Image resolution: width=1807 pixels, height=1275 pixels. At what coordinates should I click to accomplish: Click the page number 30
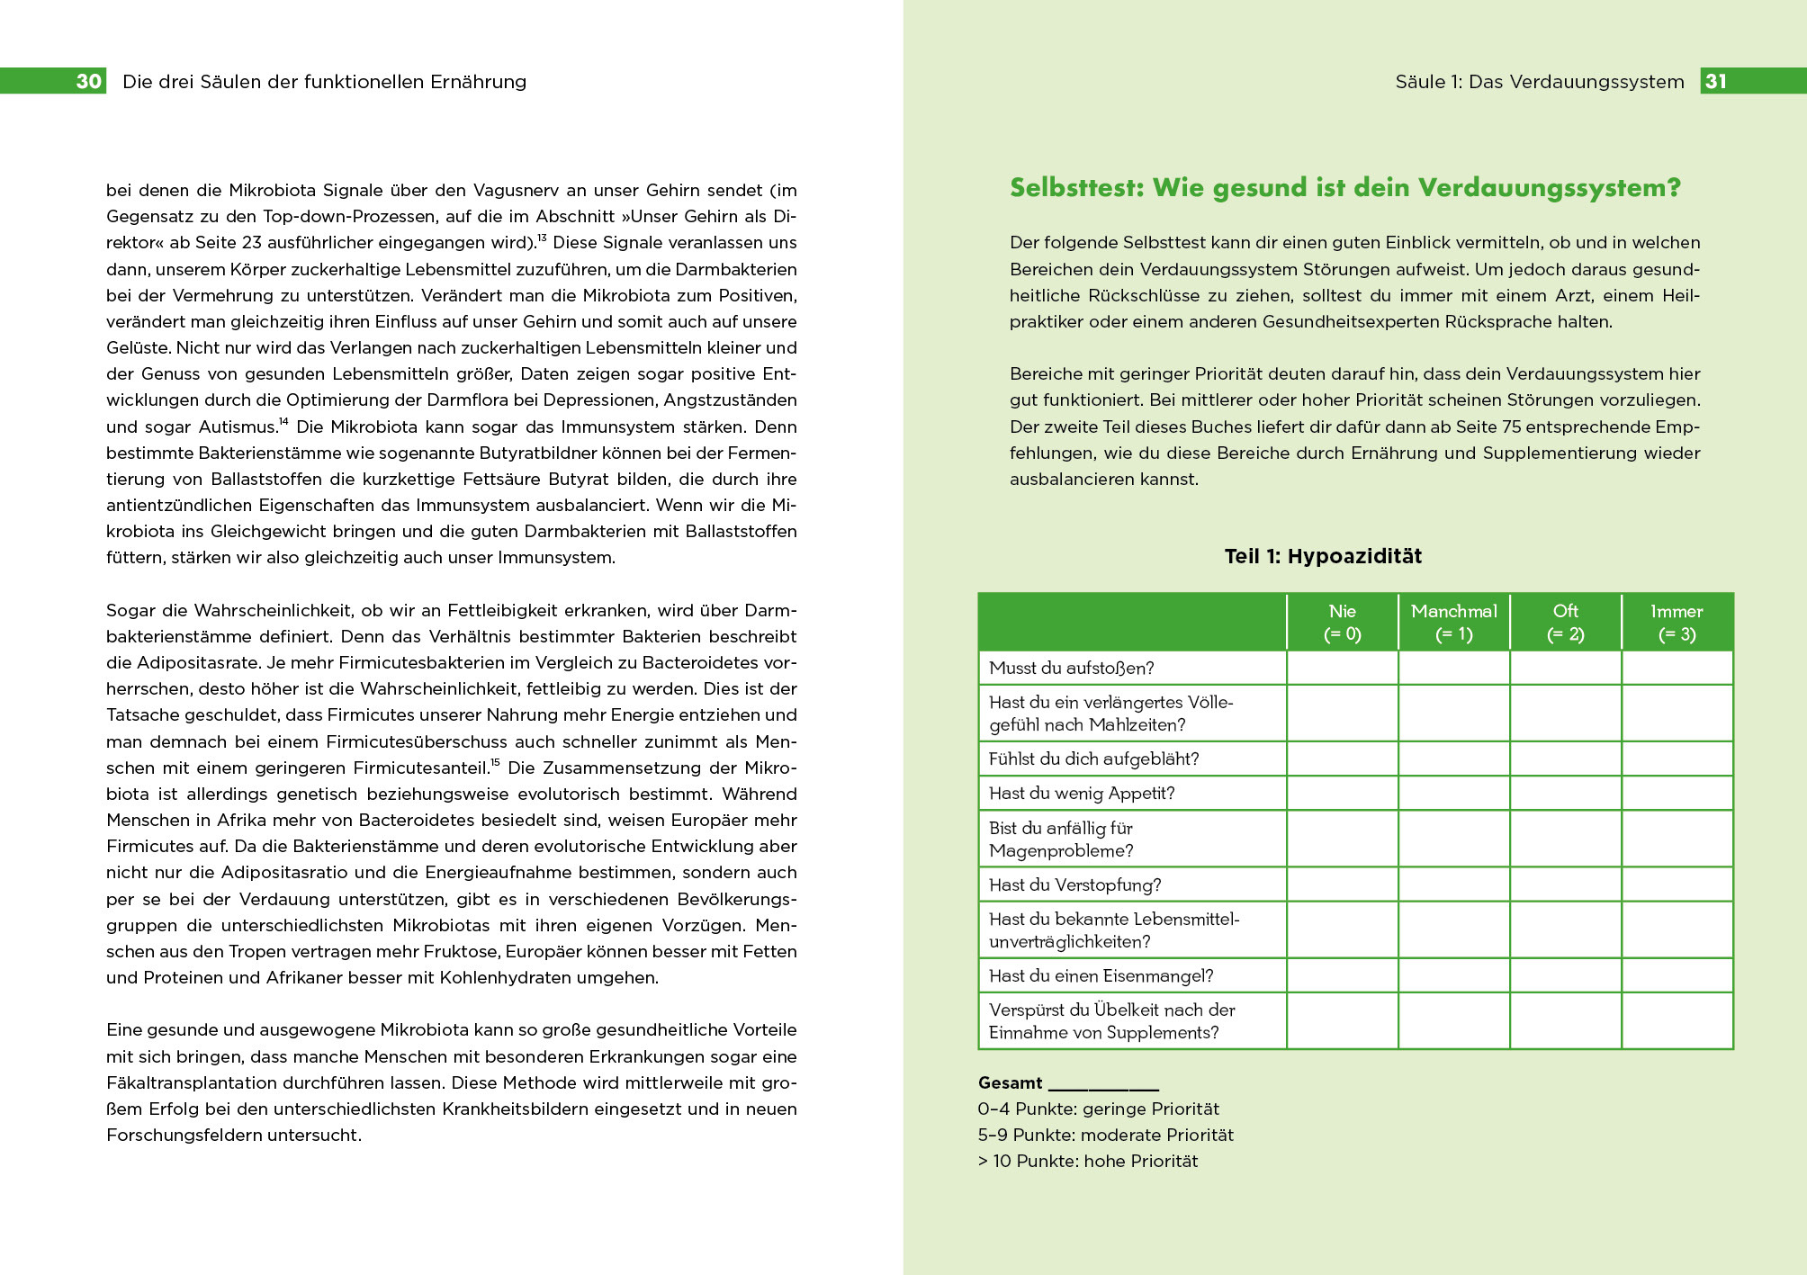pos(88,81)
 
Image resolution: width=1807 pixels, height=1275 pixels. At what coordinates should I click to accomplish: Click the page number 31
pos(1715,81)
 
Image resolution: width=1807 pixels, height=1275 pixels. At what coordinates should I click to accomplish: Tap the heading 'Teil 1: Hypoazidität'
pos(1322,556)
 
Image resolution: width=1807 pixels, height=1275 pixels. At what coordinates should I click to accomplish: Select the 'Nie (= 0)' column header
pos(1342,622)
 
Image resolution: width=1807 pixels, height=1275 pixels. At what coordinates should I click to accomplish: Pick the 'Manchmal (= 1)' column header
pos(1453,622)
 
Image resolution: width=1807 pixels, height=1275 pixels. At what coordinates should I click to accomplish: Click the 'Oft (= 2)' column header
pos(1565,622)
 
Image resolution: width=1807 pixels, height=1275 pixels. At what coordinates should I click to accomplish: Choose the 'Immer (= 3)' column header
pos(1677,622)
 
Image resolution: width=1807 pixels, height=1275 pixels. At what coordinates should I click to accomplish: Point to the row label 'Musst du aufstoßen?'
pos(1071,668)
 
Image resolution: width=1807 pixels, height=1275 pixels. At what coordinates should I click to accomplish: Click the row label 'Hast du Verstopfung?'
pos(1074,884)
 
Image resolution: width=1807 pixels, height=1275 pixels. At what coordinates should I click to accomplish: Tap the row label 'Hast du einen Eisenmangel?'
pos(1101,975)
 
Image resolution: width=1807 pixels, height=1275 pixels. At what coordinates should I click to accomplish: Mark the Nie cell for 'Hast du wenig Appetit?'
pos(1342,793)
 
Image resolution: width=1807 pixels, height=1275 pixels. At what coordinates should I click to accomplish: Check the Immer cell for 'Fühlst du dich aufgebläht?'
pos(1677,759)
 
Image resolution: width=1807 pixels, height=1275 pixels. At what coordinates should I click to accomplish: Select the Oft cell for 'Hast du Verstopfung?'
pos(1565,884)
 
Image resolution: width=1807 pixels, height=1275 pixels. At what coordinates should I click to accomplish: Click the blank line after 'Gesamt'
pos(1103,1084)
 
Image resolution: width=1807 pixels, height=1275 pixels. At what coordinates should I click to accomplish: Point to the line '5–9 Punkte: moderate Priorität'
pos(1105,1135)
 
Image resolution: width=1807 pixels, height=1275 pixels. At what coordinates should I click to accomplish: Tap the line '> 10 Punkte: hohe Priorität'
pos(1087,1161)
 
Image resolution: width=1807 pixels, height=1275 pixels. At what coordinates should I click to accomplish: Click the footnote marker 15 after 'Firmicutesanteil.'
pos(495,762)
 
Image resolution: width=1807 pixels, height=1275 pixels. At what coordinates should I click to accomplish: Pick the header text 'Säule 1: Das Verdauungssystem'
pos(1539,81)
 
